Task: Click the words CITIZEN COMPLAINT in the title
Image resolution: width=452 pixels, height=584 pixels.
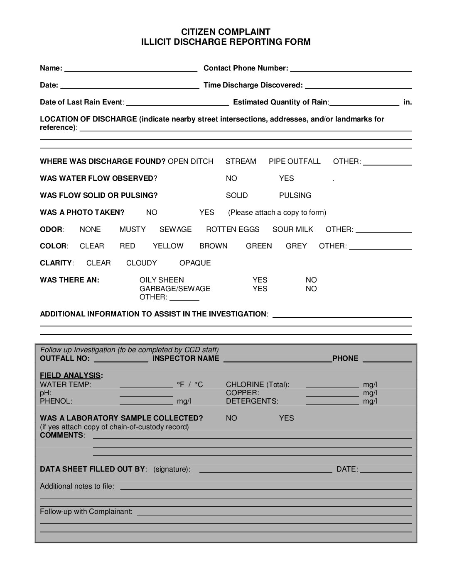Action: (226, 32)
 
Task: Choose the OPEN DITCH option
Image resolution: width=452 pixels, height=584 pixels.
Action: (190, 161)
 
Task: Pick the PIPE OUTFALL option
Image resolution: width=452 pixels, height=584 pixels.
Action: (295, 161)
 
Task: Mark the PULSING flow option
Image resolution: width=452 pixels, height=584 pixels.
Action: (295, 195)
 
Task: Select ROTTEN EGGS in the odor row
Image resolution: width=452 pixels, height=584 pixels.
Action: (233, 229)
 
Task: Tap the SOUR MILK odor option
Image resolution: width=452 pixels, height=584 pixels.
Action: (292, 229)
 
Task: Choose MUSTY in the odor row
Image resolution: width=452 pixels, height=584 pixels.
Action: (133, 229)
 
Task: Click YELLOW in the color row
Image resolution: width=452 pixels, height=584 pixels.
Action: (168, 246)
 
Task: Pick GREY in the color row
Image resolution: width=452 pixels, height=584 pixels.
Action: (296, 246)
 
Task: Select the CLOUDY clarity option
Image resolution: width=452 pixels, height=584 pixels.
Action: (142, 263)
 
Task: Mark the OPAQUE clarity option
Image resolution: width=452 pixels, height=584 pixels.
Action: (195, 263)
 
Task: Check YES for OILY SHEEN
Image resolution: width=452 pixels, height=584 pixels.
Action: (260, 280)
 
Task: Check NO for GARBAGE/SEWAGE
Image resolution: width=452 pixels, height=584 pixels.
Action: (311, 289)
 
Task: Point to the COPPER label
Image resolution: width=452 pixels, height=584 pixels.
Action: (242, 393)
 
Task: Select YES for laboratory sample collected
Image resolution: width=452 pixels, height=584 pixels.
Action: (286, 418)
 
